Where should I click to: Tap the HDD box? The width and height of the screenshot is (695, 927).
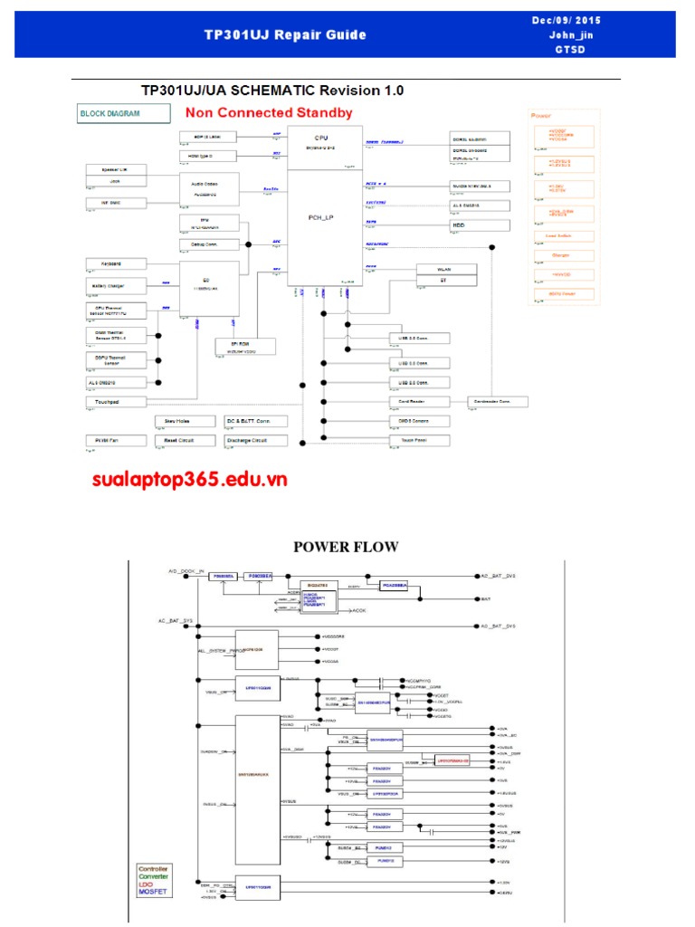coord(474,225)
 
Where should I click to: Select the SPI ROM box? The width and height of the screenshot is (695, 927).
coord(240,347)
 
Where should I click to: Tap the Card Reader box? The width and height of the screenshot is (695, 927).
coord(419,401)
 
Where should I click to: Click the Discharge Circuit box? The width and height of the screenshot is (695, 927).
coord(256,441)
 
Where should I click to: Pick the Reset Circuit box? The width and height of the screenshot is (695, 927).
coord(184,441)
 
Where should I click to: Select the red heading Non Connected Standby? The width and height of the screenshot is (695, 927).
coord(269,113)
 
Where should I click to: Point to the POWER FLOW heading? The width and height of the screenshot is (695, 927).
coord(347,547)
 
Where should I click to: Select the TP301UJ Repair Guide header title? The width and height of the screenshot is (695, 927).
coord(285,35)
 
